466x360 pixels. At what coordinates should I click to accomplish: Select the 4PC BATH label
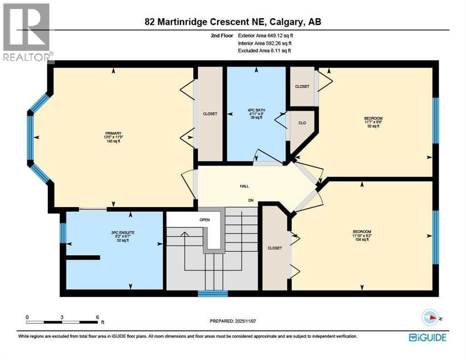click(x=256, y=111)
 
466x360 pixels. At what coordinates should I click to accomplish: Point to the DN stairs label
click(x=251, y=200)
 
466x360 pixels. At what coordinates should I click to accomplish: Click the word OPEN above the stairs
click(x=204, y=219)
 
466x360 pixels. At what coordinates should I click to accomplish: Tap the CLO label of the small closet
click(x=302, y=123)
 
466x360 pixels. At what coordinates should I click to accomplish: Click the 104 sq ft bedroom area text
click(x=362, y=240)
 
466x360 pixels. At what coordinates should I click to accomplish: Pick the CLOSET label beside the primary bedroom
click(x=210, y=113)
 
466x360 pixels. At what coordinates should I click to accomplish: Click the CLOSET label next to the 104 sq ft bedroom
click(x=274, y=248)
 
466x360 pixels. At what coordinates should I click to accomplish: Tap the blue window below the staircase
click(x=212, y=294)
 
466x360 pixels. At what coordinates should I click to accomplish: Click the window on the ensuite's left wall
click(x=62, y=233)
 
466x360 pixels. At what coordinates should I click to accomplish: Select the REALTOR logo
click(x=27, y=32)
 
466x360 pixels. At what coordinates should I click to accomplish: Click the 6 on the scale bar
click(x=97, y=317)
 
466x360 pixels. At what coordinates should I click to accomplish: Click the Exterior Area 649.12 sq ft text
click(x=266, y=35)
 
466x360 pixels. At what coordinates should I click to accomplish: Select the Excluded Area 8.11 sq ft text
click(x=264, y=51)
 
